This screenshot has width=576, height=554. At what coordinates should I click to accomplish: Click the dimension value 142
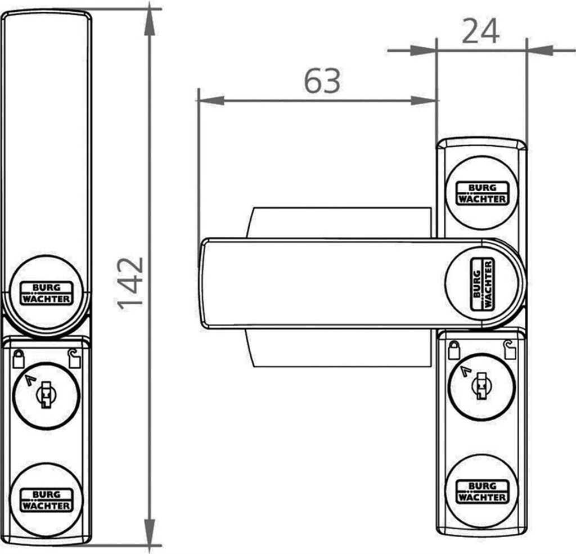pos(130,283)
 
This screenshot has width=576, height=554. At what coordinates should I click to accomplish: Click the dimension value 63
pos(322,81)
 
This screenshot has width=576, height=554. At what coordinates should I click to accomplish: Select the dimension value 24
pos(480,31)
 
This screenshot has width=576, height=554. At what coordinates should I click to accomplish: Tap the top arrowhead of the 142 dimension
pos(150,21)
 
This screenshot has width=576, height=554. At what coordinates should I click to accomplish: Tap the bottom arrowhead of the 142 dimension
pos(150,532)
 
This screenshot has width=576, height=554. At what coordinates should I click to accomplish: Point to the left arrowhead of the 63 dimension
pos(211,100)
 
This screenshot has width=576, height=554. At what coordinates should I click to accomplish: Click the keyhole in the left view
pos(46,395)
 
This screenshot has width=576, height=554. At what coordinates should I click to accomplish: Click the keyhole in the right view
pos(481,386)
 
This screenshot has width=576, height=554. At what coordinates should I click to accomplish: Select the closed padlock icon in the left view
pos(19,359)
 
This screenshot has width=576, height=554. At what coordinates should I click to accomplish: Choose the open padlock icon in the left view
pos(74,358)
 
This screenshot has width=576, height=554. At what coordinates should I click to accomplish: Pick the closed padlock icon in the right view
pos(454,350)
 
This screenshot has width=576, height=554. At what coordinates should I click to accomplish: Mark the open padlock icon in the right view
pos(510,350)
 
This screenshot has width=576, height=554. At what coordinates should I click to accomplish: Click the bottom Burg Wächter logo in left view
pos(46,500)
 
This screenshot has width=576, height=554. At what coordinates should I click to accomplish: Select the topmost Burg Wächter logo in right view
pos(482,193)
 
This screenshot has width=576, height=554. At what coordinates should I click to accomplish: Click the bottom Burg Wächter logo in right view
pos(482,492)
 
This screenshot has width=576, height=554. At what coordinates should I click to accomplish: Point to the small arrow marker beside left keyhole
pos(30,380)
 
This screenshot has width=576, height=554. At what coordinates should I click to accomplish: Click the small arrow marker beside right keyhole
pos(466,371)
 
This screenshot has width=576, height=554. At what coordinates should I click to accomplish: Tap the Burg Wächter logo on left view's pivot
pos(46,293)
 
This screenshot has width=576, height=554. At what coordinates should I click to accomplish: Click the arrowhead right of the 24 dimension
pos(540,51)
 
